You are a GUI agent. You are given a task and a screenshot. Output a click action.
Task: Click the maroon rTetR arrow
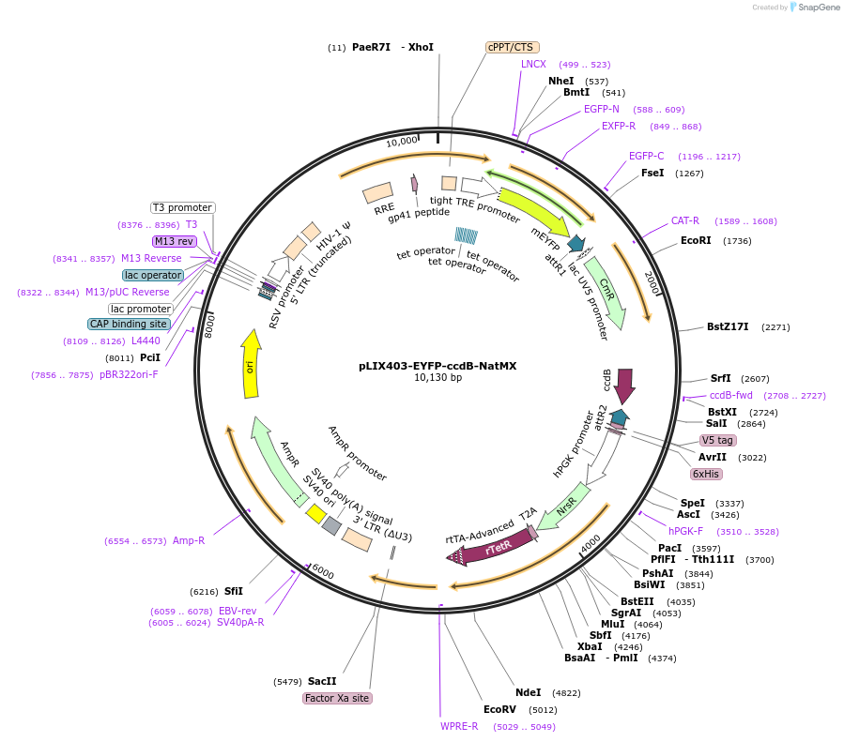pyautogui.click(x=491, y=547)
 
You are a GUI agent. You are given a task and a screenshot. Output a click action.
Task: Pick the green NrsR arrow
pyautogui.click(x=564, y=507)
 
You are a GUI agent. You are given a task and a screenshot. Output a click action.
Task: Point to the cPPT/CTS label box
pyautogui.click(x=512, y=47)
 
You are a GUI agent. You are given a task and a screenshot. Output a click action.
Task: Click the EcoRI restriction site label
pyautogui.click(x=696, y=240)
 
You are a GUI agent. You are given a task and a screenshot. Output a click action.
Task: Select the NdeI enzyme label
pyautogui.click(x=528, y=692)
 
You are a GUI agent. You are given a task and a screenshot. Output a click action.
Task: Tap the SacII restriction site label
pyautogui.click(x=322, y=681)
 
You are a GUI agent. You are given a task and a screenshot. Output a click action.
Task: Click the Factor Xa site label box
pyautogui.click(x=337, y=698)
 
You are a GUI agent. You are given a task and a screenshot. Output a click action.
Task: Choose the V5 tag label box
pyautogui.click(x=717, y=440)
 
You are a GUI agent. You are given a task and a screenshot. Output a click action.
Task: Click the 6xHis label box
pyautogui.click(x=706, y=474)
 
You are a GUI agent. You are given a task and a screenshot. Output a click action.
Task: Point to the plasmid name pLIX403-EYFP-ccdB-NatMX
pyautogui.click(x=437, y=366)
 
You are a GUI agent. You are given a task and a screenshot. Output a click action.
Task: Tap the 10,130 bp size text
pyautogui.click(x=437, y=377)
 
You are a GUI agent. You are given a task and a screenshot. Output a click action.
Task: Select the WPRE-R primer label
pyautogui.click(x=459, y=726)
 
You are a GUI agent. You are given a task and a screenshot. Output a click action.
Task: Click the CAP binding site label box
pyautogui.click(x=129, y=324)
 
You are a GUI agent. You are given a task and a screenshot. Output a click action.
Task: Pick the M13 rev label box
pyautogui.click(x=174, y=241)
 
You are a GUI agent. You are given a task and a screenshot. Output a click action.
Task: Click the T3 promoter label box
pyautogui.click(x=182, y=207)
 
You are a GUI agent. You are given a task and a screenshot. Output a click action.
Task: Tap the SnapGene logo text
pyautogui.click(x=818, y=7)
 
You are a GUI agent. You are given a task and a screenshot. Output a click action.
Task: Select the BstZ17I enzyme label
pyautogui.click(x=728, y=326)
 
